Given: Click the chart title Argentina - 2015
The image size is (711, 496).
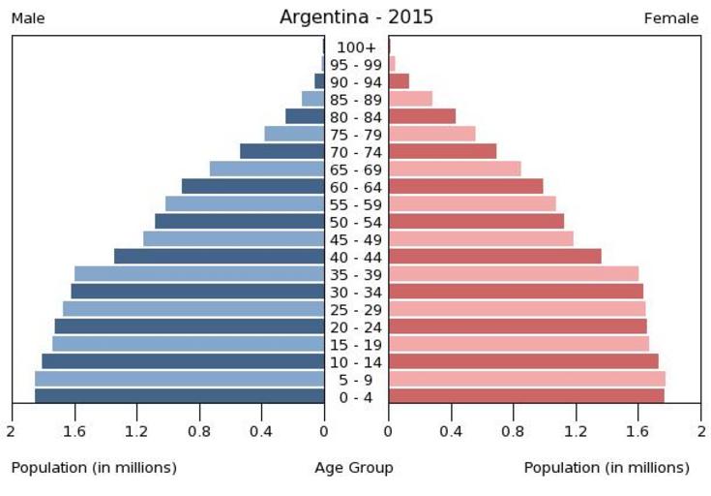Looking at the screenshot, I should pyautogui.click(x=356, y=16).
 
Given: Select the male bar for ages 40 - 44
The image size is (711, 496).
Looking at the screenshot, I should pyautogui.click(x=219, y=256).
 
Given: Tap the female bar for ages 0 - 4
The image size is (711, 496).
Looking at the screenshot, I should pyautogui.click(x=525, y=395).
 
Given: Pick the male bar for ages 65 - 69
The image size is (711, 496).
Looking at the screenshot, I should pyautogui.click(x=266, y=169).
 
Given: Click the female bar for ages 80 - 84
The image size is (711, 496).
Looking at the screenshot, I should pyautogui.click(x=422, y=116).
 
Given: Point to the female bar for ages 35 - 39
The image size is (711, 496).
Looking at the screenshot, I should pyautogui.click(x=513, y=273).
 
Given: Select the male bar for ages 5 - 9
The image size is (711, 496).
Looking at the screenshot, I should pyautogui.click(x=179, y=378).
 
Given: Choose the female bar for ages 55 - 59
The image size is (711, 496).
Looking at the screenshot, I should pyautogui.click(x=471, y=203).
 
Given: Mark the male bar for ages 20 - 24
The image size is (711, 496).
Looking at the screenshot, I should pyautogui.click(x=189, y=325).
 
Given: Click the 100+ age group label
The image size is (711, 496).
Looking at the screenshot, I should pyautogui.click(x=356, y=46).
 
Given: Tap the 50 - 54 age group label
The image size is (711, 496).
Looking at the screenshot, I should pyautogui.click(x=356, y=222).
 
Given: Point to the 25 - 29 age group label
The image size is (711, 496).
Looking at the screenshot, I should pyautogui.click(x=356, y=309).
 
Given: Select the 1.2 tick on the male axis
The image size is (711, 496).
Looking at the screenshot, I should pyautogui.click(x=136, y=431).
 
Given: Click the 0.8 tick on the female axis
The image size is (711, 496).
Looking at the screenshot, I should pyautogui.click(x=514, y=431).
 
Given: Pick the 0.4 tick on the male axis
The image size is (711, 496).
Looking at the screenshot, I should pyautogui.click(x=261, y=431).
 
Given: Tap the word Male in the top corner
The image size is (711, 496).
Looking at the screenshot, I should pyautogui.click(x=28, y=18).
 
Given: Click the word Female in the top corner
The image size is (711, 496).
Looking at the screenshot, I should pyautogui.click(x=671, y=18).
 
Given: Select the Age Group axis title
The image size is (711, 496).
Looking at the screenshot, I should pyautogui.click(x=354, y=468).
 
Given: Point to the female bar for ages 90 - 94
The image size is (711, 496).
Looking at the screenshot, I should pyautogui.click(x=399, y=81).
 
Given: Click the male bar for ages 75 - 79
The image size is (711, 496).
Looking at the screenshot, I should pyautogui.click(x=294, y=134).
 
